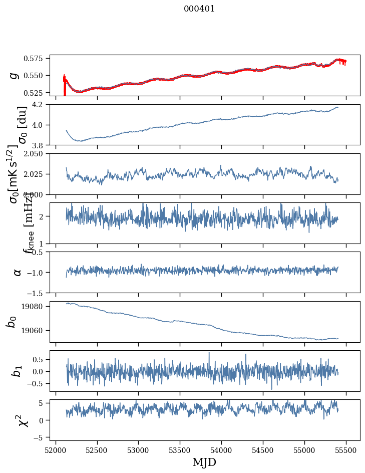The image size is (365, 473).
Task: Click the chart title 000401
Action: pos(199,9)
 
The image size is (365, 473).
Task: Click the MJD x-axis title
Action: pos(204,462)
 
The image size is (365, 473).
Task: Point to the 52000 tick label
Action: pos(56,449)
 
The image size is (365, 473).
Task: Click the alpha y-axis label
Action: pos(17,272)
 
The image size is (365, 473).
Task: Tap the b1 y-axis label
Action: pos(17,371)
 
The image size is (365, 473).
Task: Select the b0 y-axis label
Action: pos(11,322)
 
